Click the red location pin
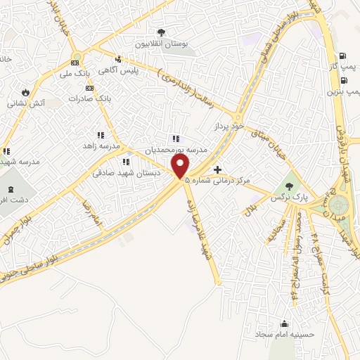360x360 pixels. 181,166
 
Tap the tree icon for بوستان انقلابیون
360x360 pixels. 161,32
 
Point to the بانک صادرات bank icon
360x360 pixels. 89,88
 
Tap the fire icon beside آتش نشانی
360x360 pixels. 26,91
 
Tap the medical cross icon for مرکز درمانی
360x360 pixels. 218,169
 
